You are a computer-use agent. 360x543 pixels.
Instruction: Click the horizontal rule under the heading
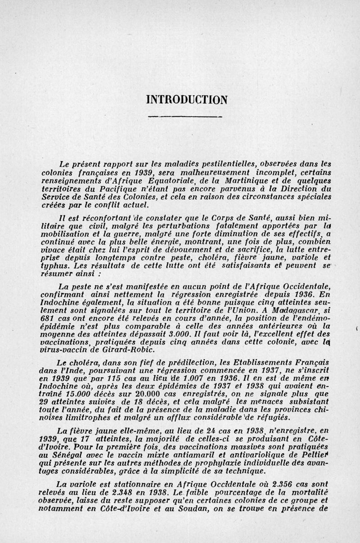coord(186,117)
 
